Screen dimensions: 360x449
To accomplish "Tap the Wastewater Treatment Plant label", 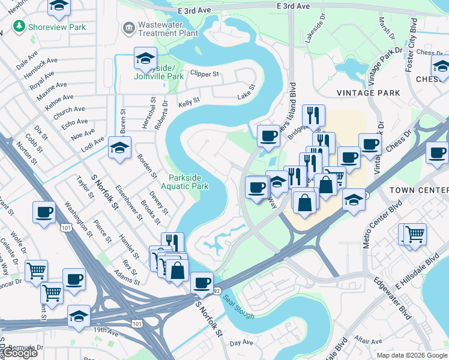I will (x=160, y=29).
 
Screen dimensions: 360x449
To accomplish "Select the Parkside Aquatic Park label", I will (x=188, y=182).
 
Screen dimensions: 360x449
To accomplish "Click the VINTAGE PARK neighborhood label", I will (x=368, y=93).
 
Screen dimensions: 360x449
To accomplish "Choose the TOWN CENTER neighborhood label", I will (x=418, y=190).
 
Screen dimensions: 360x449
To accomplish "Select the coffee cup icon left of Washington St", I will (x=44, y=212).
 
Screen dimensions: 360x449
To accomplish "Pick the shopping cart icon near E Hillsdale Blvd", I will (x=415, y=233).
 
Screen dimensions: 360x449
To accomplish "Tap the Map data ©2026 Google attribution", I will (x=411, y=355).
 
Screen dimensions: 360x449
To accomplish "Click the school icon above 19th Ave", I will (x=79, y=316).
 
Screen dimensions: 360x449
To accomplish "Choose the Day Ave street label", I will (x=242, y=343).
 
